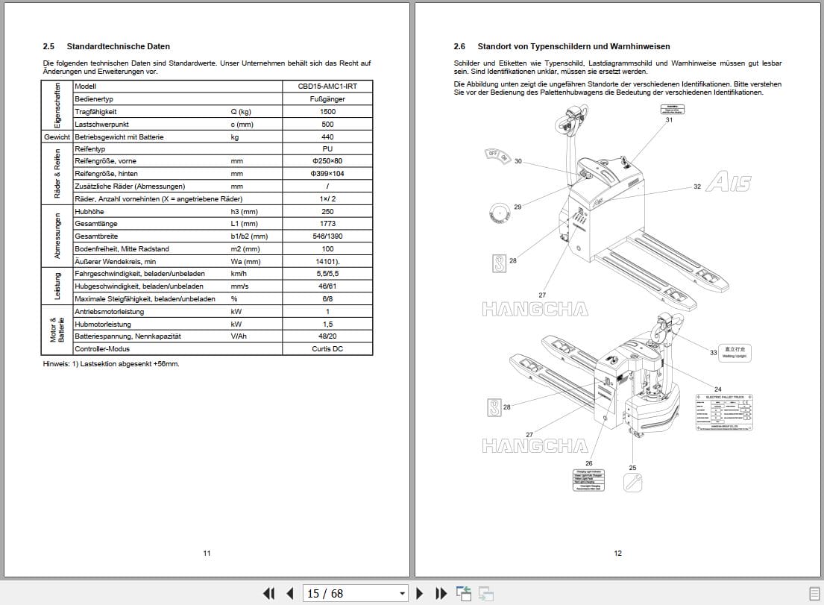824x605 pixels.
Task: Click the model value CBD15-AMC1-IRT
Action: tap(327, 87)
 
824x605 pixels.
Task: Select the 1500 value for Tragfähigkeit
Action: tap(327, 112)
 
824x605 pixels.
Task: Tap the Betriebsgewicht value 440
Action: tap(327, 137)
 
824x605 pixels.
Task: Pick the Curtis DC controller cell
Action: tap(327, 348)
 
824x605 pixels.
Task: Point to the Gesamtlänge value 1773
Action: tap(327, 224)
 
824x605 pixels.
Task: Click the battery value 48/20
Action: tap(327, 336)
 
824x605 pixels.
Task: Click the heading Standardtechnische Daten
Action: tap(118, 46)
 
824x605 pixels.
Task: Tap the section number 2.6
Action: tap(459, 46)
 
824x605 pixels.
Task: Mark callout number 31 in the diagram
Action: tap(669, 120)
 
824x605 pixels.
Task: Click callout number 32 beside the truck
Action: tap(697, 186)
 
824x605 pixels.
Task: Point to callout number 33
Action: tap(713, 352)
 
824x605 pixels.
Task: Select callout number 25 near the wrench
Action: tap(632, 468)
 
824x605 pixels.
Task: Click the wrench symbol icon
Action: tap(633, 483)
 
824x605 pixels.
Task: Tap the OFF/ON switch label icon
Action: tap(497, 155)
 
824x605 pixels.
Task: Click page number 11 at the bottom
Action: tap(207, 553)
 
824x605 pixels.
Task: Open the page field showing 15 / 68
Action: tap(356, 593)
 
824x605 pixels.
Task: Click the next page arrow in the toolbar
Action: tap(420, 593)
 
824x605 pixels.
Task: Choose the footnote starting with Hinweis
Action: tap(111, 364)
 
